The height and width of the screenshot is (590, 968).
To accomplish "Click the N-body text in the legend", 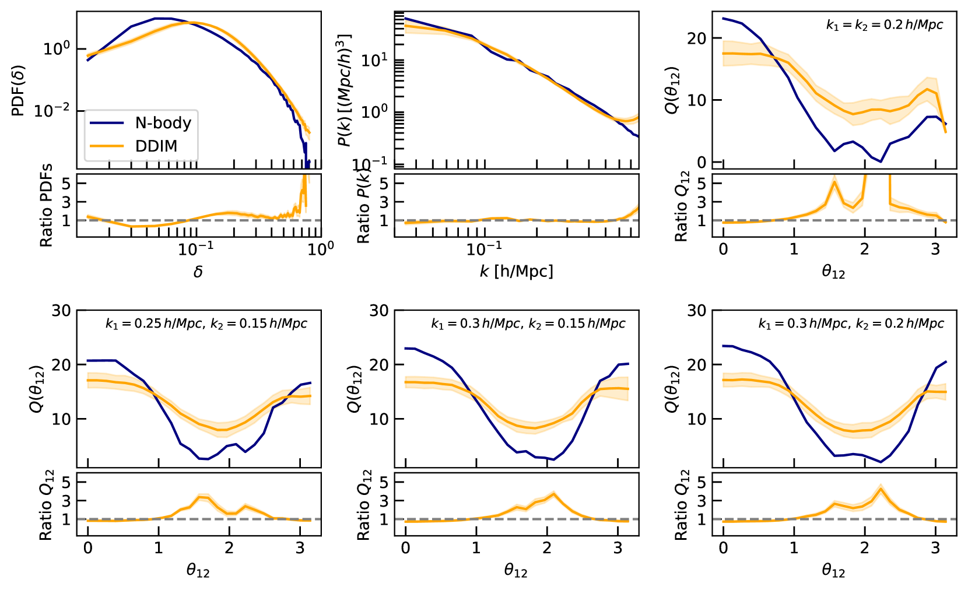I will [x=163, y=123].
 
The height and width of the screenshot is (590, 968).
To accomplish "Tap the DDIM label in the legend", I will [x=156, y=146].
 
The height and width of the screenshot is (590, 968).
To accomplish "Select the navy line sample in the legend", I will [x=107, y=123].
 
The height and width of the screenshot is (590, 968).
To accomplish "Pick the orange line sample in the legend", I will [x=107, y=146].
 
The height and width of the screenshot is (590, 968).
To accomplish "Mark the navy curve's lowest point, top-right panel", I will [x=881, y=161].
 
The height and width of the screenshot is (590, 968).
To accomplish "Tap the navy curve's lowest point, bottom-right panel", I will [x=881, y=462].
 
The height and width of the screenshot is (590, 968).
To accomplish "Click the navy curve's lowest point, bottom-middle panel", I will [x=553, y=460].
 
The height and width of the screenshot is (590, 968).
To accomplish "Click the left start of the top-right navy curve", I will [x=724, y=19].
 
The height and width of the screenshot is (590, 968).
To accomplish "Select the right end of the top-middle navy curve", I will [x=637, y=136].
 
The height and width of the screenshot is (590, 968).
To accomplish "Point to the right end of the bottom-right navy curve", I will [x=946, y=361].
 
